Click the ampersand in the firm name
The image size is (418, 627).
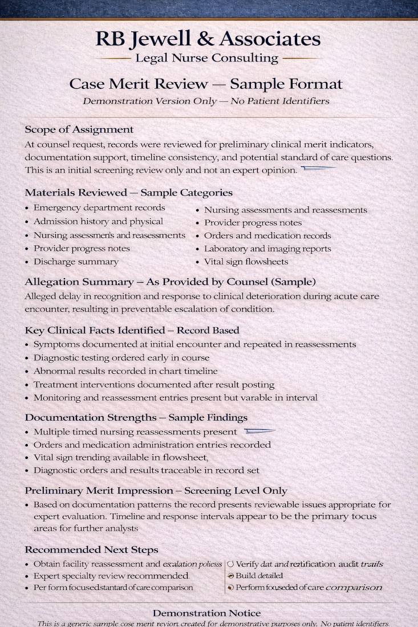(205, 39)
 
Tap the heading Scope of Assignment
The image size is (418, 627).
(79, 129)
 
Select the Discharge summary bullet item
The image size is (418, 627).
(76, 262)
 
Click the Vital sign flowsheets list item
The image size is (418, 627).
(246, 262)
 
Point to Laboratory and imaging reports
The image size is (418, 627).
(267, 249)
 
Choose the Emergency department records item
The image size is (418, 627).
(99, 208)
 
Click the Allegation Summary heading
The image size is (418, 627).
(170, 282)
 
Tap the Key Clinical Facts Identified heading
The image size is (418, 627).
(132, 330)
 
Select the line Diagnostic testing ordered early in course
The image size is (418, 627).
(121, 358)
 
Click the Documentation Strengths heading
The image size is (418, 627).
(136, 418)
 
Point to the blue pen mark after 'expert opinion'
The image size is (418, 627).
(318, 168)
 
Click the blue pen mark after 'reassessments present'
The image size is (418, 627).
(259, 431)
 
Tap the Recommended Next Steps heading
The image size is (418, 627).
(91, 549)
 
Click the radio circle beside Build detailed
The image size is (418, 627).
(231, 576)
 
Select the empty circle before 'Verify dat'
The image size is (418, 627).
(231, 564)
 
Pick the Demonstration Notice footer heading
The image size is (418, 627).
(206, 613)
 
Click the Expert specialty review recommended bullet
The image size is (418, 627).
(111, 576)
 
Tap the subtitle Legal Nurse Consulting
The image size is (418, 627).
(206, 58)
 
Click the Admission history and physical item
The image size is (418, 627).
(98, 221)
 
